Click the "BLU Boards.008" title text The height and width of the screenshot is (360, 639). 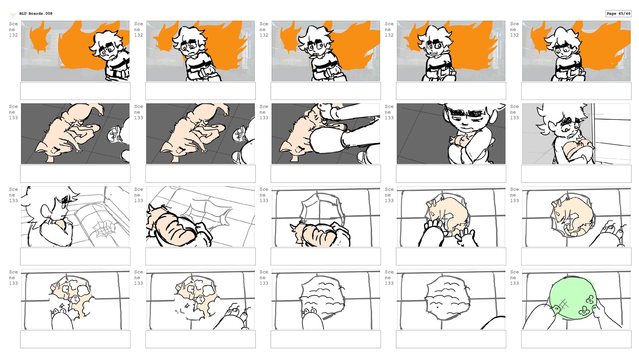pyautogui.click(x=36, y=14)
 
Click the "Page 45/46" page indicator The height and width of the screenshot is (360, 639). pyautogui.click(x=618, y=14)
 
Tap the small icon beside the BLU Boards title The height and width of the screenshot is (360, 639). pyautogui.click(x=13, y=15)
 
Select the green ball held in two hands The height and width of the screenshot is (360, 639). pyautogui.click(x=571, y=298)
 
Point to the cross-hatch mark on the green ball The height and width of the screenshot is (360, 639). pyautogui.click(x=562, y=304)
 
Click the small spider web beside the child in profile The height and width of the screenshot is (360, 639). pyautogui.click(x=104, y=229)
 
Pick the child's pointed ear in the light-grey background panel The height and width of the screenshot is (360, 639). pyautogui.click(x=540, y=129)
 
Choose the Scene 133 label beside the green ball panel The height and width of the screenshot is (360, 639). pyautogui.click(x=515, y=277)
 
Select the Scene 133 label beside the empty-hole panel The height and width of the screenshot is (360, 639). pyautogui.click(x=264, y=195)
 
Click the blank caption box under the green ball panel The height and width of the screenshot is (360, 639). pyautogui.click(x=576, y=339)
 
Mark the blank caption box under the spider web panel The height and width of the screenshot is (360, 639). pyautogui.click(x=75, y=256)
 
